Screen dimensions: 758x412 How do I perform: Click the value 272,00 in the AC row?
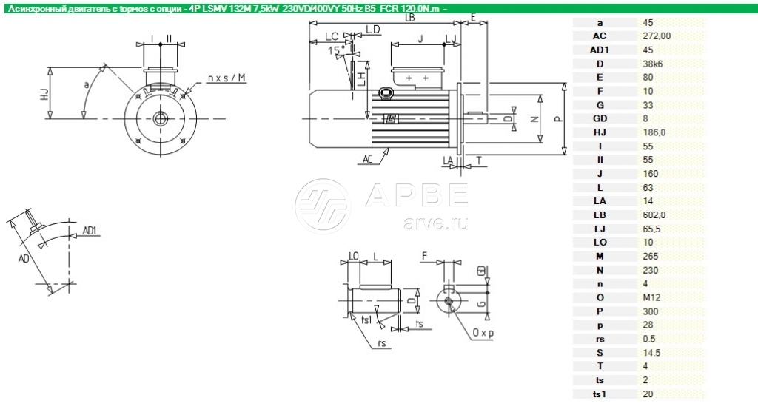657,36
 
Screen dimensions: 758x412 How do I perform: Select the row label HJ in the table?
600,132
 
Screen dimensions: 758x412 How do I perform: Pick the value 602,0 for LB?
654,215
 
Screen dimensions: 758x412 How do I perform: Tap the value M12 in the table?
651,297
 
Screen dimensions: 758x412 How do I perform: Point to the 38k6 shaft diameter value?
653,64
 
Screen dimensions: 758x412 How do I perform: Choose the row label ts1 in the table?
600,394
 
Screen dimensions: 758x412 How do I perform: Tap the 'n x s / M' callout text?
227,78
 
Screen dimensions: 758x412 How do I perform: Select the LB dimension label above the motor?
409,18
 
